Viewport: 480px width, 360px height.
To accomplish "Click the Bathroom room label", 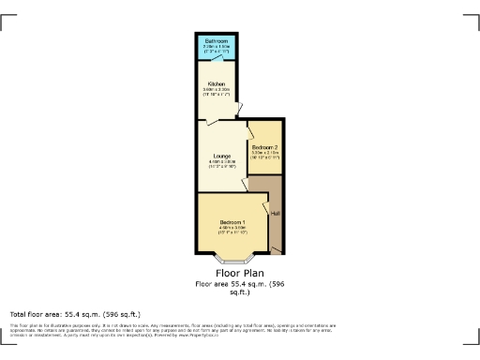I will click(x=216, y=41).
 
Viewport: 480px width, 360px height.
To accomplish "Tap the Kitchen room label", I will click(x=216, y=83).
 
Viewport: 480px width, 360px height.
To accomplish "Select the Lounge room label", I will click(x=221, y=156).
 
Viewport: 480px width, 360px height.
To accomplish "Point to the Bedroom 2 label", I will click(x=264, y=147).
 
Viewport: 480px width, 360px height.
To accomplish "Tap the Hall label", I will click(x=275, y=214).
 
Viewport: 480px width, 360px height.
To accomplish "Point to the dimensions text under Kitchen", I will click(x=216, y=93).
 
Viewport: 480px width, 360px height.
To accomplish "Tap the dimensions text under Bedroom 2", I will click(x=264, y=155).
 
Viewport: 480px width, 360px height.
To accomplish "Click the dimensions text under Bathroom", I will click(x=216, y=50).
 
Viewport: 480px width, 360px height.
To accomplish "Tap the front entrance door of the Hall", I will click(x=277, y=248).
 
